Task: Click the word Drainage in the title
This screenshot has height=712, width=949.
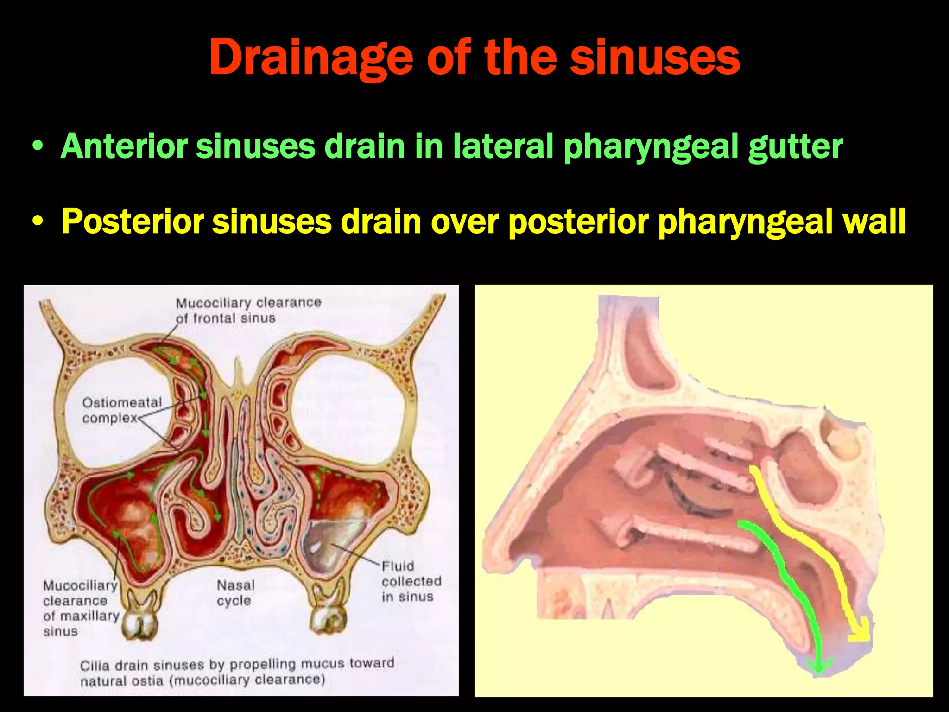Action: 310,57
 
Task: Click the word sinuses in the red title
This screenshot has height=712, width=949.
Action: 654,57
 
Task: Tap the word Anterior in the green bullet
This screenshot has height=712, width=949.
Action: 124,146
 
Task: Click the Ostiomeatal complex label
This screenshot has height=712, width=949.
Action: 121,410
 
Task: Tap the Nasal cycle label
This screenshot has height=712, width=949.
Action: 235,593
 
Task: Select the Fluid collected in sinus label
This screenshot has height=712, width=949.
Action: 411,581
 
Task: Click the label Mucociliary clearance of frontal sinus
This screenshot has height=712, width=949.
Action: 248,310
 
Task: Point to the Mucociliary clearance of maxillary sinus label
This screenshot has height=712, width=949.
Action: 81,608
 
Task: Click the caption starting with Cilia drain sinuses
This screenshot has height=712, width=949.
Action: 236,672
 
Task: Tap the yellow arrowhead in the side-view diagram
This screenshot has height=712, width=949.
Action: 860,633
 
